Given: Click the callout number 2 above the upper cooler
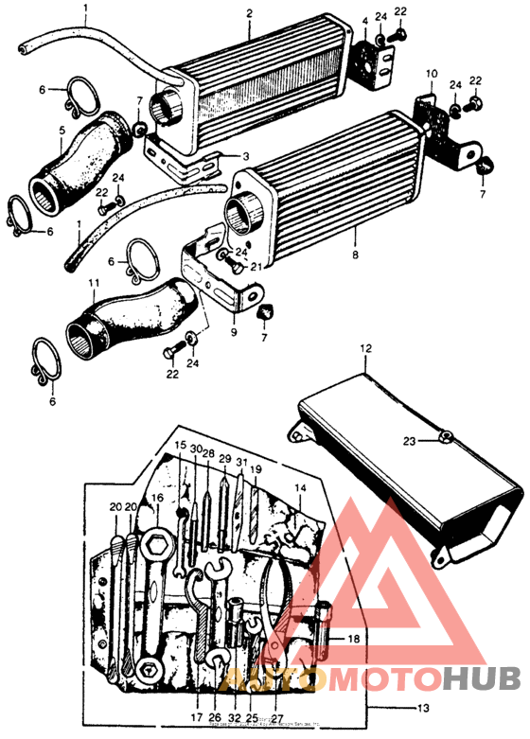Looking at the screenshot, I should [x=249, y=13].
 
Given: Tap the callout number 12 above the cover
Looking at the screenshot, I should [x=365, y=350].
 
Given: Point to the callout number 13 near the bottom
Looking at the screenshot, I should [x=398, y=708].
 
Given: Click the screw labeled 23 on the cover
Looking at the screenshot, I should [x=444, y=437].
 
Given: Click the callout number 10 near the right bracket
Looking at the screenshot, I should [x=431, y=73].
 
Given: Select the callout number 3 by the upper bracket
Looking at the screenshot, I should [x=246, y=156].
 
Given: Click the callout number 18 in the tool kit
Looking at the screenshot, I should [x=353, y=640].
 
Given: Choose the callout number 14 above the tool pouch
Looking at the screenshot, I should [x=300, y=488].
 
